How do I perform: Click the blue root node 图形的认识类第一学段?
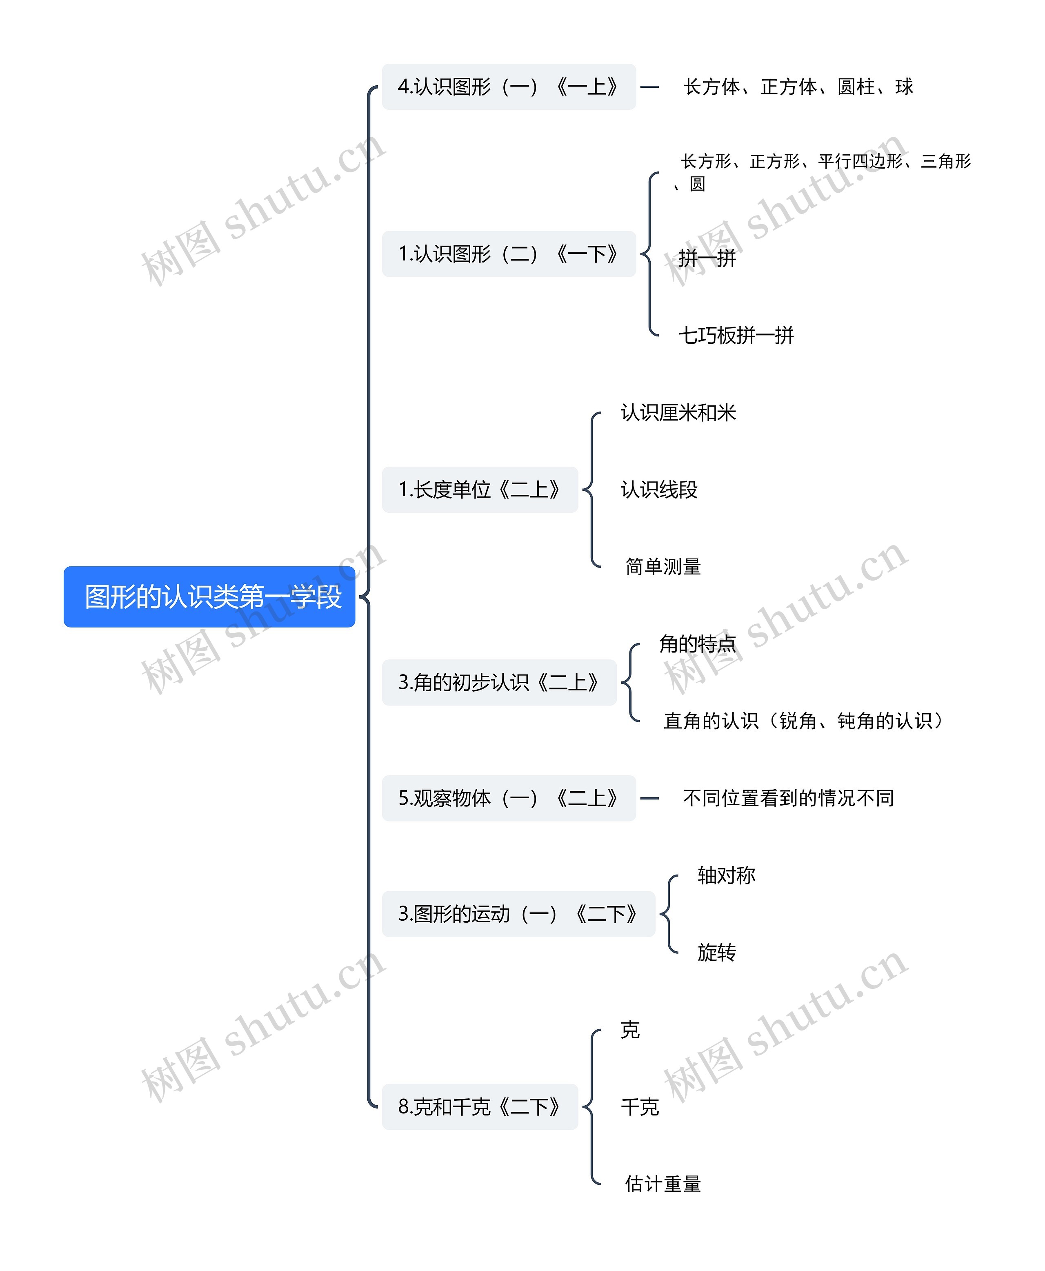click(209, 597)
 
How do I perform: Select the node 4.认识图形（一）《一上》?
click(509, 87)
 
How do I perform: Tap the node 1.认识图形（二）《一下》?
click(509, 254)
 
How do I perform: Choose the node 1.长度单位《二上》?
click(480, 490)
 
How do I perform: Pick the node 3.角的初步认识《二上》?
click(499, 682)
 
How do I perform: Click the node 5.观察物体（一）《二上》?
click(509, 798)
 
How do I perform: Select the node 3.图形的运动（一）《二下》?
click(518, 914)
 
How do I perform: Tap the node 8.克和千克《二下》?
click(480, 1106)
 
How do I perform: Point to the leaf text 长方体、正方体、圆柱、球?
click(798, 87)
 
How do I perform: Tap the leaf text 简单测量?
click(663, 567)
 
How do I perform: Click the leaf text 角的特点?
click(698, 643)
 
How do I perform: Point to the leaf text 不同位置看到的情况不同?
click(788, 798)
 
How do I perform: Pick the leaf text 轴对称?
click(726, 875)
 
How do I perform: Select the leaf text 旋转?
click(716, 953)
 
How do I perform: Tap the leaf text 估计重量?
click(663, 1184)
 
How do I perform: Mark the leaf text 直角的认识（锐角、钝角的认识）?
click(803, 721)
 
